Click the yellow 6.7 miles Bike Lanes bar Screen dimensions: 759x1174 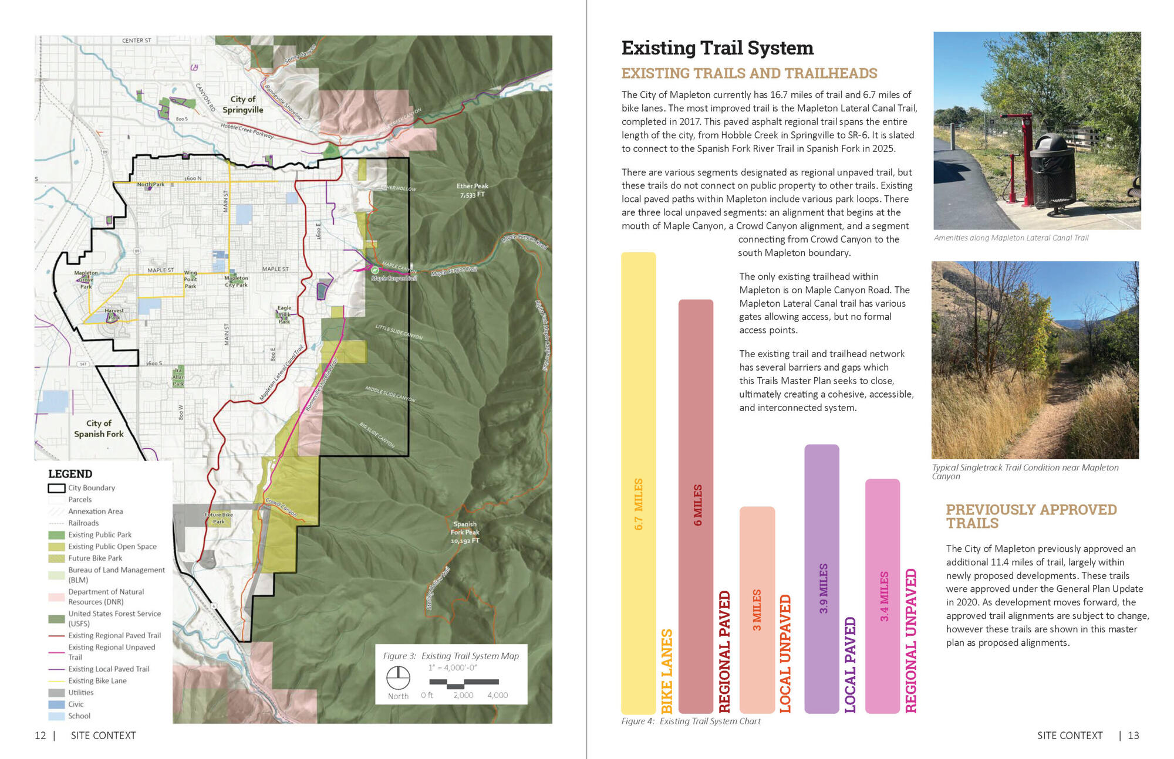pyautogui.click(x=638, y=481)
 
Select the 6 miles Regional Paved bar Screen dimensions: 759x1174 pyautogui.click(x=696, y=504)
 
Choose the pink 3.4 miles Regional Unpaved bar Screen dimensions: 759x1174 pyautogui.click(x=882, y=595)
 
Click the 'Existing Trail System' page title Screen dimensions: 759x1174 pyautogui.click(x=717, y=48)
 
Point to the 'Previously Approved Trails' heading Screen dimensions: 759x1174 pyautogui.click(x=1031, y=516)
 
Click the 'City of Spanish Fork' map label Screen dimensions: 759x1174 pyautogui.click(x=99, y=429)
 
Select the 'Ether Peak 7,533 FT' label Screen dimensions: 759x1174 pyautogui.click(x=472, y=190)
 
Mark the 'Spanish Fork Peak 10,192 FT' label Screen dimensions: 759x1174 pyautogui.click(x=465, y=532)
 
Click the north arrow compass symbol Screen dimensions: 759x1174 pyautogui.click(x=398, y=678)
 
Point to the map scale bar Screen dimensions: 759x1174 pyautogui.click(x=464, y=683)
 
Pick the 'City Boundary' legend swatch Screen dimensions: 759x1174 pyautogui.click(x=56, y=488)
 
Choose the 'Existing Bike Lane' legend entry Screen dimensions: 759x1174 pyautogui.click(x=97, y=681)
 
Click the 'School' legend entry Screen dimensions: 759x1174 pyautogui.click(x=79, y=716)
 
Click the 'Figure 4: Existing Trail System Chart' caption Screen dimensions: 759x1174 pyautogui.click(x=691, y=721)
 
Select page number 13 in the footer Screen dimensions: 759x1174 pyautogui.click(x=1133, y=736)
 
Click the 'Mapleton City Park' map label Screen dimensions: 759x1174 pyautogui.click(x=236, y=282)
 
